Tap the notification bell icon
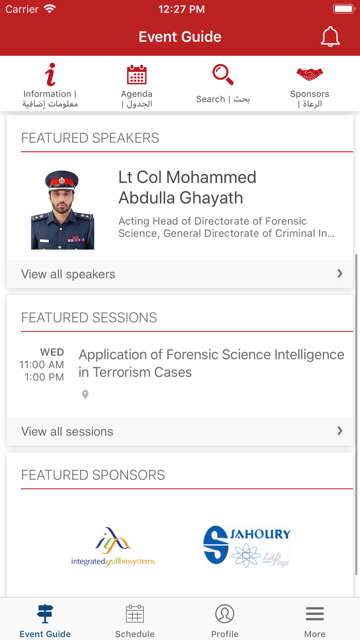coord(330,37)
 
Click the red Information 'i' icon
coord(50,75)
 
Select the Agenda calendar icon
coord(137,75)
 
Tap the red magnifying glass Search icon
coord(223,75)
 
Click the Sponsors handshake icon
coord(310,74)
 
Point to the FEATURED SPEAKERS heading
coord(90,138)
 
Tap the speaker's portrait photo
coord(63,209)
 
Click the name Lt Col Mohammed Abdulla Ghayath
coord(187,187)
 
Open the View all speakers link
coord(68,274)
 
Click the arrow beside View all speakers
coord(340,274)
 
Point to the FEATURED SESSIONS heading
coord(89,317)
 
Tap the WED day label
coord(52,352)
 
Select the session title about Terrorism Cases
coord(211,363)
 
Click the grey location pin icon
coord(85,395)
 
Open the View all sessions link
coord(67,432)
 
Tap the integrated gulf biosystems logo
coord(113,547)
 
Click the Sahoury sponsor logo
coord(247,546)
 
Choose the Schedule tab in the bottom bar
coord(135,621)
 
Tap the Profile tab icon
coord(225,614)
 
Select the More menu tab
coord(315,621)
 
